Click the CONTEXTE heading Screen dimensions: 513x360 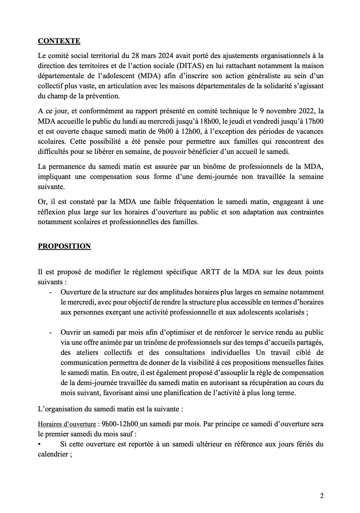point(59,41)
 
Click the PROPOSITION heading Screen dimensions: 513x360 point(64,246)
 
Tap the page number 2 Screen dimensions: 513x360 point(321,496)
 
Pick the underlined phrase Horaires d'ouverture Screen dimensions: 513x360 point(67,424)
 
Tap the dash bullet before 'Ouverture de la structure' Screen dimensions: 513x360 point(50,292)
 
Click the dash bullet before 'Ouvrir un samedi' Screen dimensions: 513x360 point(50,332)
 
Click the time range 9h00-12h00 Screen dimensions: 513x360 point(120,424)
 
